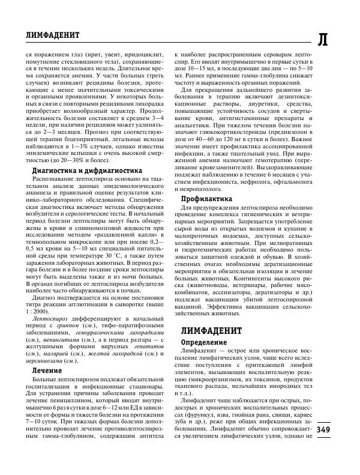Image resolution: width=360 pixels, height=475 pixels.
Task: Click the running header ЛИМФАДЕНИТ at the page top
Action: (x=46, y=36)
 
